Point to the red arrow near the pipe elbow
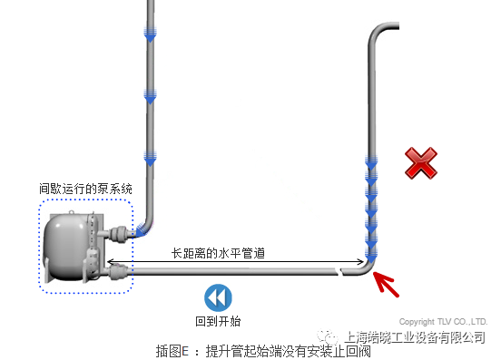(x=388, y=282)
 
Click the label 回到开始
(x=218, y=321)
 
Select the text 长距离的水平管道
(x=218, y=253)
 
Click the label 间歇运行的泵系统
(x=85, y=190)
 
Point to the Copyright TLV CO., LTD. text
(x=444, y=322)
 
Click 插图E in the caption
(x=171, y=351)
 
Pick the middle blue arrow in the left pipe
(x=150, y=94)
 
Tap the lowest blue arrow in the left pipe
(x=150, y=156)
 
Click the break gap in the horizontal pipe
(x=339, y=270)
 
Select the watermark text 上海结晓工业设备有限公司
(x=418, y=337)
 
